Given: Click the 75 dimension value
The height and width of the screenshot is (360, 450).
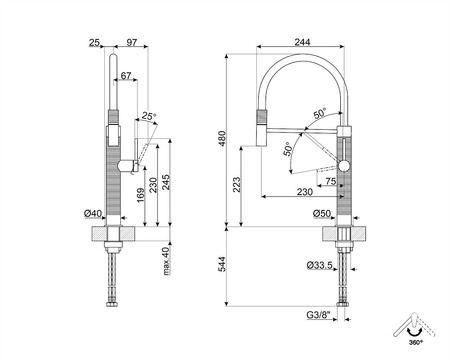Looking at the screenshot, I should click(x=331, y=183).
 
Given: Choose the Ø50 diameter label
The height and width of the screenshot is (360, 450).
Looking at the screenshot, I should click(x=321, y=213).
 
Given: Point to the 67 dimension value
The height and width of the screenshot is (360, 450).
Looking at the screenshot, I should click(x=126, y=76).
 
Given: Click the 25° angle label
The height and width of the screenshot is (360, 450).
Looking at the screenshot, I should click(x=149, y=116).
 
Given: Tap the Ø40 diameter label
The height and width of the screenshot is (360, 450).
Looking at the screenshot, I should click(x=92, y=213).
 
